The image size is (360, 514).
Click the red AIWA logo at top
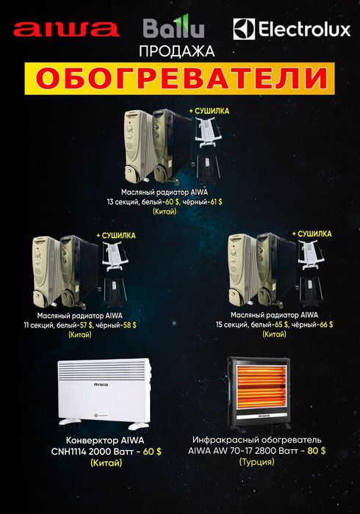pos(66,29)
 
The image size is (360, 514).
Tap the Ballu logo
pos(174,29)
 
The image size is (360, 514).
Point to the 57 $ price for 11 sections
pos(98,324)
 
